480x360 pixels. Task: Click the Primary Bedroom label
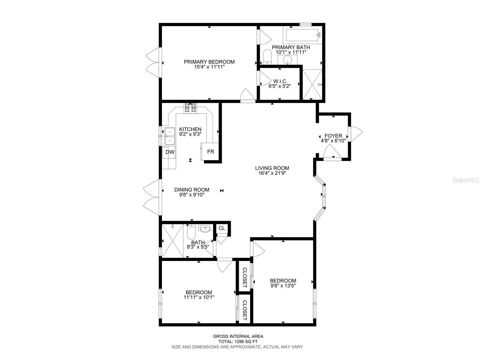(209, 62)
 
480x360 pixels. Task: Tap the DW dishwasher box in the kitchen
(170, 152)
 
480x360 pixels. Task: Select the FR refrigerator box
(211, 152)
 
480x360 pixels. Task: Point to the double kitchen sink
(169, 136)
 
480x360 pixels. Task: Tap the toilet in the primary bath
(267, 57)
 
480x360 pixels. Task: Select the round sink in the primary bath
(287, 60)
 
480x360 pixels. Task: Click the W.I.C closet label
(280, 81)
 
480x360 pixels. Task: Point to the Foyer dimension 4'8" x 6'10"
(333, 140)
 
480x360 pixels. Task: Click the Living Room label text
(272, 168)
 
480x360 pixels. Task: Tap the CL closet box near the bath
(222, 228)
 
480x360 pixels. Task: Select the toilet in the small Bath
(190, 232)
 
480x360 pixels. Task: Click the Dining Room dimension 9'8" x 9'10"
(192, 195)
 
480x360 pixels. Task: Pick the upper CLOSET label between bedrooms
(245, 278)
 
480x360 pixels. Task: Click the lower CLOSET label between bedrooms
(245, 310)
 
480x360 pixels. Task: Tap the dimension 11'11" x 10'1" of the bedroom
(199, 297)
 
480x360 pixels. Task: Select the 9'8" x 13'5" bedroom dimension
(283, 286)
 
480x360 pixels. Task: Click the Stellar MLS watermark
(465, 180)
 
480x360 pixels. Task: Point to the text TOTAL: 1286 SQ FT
(238, 342)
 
